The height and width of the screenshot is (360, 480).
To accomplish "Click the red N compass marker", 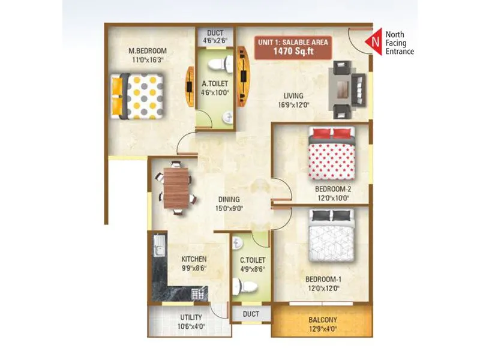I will click(374, 42).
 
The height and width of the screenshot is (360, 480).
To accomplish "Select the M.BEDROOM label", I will click(147, 50).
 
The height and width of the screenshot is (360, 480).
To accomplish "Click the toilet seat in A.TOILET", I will click(221, 62).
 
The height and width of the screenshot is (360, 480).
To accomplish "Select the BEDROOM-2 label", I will click(333, 189).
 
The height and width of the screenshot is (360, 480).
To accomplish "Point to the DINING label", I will click(229, 200).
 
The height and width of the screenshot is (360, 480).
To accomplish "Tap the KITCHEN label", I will click(194, 260).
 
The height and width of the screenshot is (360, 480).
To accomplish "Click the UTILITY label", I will click(191, 317).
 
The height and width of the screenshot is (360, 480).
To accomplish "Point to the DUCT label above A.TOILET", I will click(215, 33).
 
